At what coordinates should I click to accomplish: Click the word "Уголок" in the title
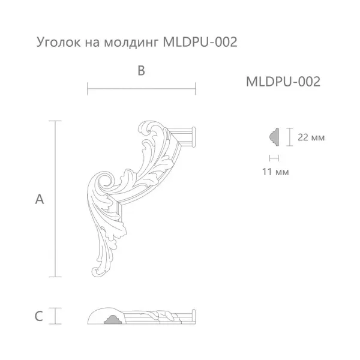[56, 43]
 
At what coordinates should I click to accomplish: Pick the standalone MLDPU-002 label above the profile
[283, 82]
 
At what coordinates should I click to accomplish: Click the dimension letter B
[141, 71]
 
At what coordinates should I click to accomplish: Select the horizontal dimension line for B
[142, 91]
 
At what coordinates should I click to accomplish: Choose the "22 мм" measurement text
[311, 137]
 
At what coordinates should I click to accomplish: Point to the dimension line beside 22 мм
[289, 137]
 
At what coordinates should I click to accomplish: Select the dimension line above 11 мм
[274, 158]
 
